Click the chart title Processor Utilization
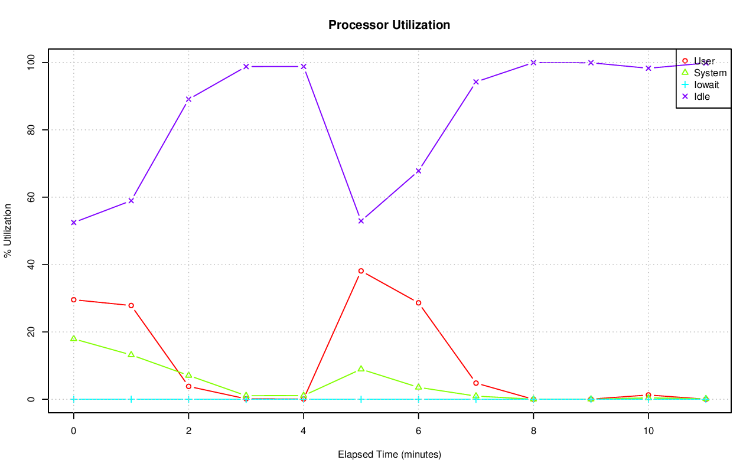tap(389, 25)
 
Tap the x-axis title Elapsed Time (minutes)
tap(389, 455)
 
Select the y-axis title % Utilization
tap(8, 230)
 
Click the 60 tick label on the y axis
tap(31, 197)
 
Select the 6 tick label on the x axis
tap(418, 431)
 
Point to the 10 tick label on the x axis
tap(648, 431)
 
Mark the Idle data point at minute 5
tap(361, 221)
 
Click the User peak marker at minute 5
tap(361, 271)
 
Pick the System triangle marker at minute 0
tap(74, 338)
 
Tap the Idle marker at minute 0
tap(74, 223)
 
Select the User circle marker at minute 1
tap(131, 305)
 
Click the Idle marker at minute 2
tap(188, 99)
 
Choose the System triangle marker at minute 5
tap(361, 369)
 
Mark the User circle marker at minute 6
tap(418, 303)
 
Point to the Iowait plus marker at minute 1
tap(131, 399)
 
